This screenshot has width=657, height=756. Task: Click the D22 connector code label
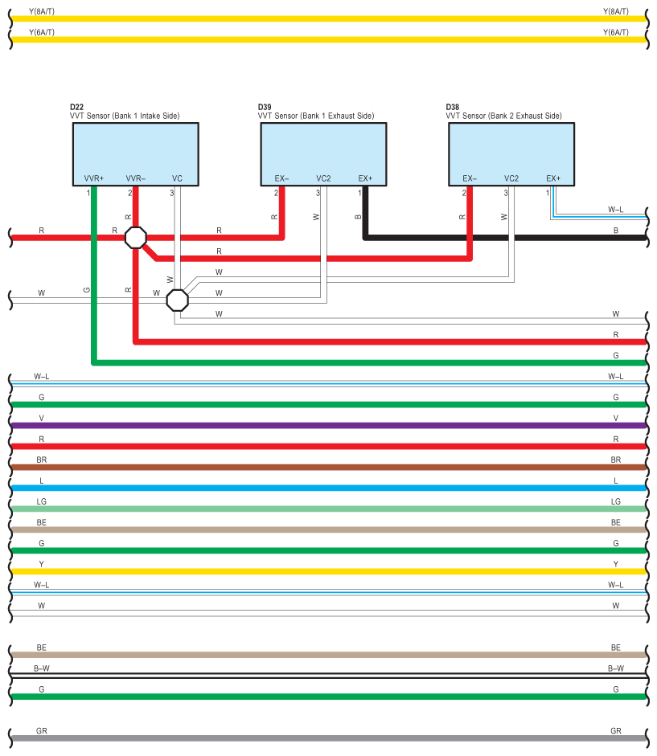click(x=76, y=107)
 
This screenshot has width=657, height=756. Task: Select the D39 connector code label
click(x=265, y=107)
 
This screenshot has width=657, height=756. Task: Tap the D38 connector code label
click(x=453, y=107)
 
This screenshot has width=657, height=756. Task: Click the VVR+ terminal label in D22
click(x=94, y=178)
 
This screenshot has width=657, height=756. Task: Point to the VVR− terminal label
click(x=135, y=178)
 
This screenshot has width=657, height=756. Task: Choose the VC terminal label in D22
click(x=177, y=178)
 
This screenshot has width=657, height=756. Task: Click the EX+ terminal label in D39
click(x=365, y=178)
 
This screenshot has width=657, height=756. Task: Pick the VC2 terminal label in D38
click(x=511, y=178)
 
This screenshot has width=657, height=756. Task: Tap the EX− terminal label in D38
click(x=470, y=178)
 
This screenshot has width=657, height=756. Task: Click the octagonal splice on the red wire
click(x=136, y=237)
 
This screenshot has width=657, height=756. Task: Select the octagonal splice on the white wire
click(x=177, y=300)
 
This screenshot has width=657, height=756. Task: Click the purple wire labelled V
click(x=322, y=425)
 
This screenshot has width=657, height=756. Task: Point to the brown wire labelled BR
click(x=322, y=467)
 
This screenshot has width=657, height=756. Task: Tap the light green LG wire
click(x=322, y=509)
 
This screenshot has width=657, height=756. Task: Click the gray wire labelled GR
click(x=322, y=738)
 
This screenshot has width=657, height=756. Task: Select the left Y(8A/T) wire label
click(x=42, y=11)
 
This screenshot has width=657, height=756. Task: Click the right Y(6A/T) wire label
click(x=615, y=32)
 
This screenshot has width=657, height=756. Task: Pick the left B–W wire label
click(x=42, y=668)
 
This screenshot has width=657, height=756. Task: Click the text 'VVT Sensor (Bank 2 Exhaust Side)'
click(x=503, y=116)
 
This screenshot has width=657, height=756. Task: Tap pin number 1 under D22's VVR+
click(x=88, y=193)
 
